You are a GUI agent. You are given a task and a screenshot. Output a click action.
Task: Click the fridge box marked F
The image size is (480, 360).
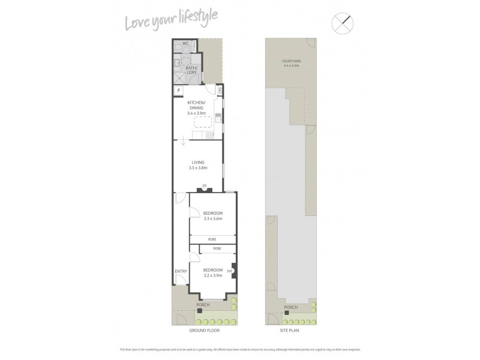point(178,91)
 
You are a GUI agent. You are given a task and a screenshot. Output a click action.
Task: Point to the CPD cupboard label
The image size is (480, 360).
point(220,91)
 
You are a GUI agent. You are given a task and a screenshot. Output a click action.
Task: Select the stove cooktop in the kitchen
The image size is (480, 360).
point(210,135)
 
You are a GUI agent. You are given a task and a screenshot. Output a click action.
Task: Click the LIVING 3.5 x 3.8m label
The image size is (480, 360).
point(198,165)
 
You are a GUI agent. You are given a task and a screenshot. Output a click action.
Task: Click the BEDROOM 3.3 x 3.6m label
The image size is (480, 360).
point(212,216)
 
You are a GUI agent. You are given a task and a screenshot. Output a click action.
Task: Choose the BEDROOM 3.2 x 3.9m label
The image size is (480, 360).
point(212,272)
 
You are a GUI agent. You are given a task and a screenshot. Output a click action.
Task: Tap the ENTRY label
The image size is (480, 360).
point(181,271)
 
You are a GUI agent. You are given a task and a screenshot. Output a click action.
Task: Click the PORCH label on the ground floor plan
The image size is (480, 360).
point(204,305)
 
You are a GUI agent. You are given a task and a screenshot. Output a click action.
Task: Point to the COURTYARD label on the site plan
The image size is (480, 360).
point(291,62)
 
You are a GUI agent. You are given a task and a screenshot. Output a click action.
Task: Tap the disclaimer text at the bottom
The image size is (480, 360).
point(240,349)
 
